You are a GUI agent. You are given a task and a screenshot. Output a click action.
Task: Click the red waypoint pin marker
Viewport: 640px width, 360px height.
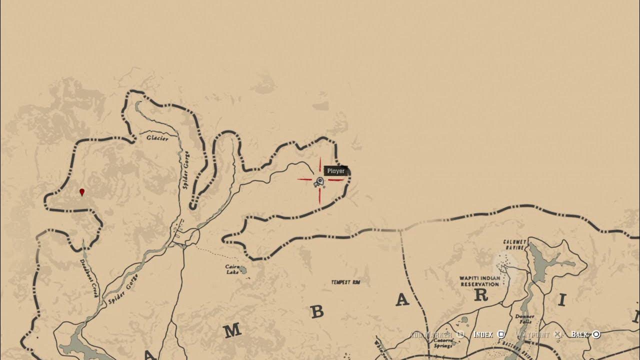[x=82, y=192]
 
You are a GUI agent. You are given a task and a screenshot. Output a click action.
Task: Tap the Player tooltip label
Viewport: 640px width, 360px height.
[x=335, y=171]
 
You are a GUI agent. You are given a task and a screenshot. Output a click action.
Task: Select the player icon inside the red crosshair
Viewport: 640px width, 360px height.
[x=319, y=182]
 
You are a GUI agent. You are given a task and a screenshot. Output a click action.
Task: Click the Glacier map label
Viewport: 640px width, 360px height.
[x=157, y=138]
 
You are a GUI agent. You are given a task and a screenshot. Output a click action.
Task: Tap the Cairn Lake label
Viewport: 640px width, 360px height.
[x=232, y=269]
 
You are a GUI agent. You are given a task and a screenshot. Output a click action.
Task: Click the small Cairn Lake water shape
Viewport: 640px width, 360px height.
[x=243, y=270]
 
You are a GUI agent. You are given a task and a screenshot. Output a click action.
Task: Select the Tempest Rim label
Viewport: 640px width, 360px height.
[x=345, y=282]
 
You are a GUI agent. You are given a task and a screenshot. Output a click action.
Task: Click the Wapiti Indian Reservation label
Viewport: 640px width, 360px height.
[x=479, y=281]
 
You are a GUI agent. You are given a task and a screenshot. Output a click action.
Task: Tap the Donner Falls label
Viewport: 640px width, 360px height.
[x=524, y=319]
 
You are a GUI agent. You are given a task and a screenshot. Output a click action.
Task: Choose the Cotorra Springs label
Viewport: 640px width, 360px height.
[x=442, y=342]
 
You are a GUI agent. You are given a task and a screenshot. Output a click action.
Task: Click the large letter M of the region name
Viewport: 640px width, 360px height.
[x=232, y=330]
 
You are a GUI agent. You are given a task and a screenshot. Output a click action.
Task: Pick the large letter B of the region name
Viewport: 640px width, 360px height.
[x=317, y=312]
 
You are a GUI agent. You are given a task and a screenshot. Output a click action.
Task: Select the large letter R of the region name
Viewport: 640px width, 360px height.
[x=480, y=295]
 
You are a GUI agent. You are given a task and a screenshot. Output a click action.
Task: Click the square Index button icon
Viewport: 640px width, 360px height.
[x=501, y=334]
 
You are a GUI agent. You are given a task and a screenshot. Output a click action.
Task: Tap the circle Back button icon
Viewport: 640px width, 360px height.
[x=596, y=334]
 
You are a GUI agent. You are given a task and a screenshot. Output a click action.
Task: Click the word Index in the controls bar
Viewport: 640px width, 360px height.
[x=483, y=334]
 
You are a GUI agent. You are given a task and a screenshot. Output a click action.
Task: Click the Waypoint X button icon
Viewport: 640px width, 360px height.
[x=557, y=334]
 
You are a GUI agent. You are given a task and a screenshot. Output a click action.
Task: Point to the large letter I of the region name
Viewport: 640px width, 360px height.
[x=562, y=300]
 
